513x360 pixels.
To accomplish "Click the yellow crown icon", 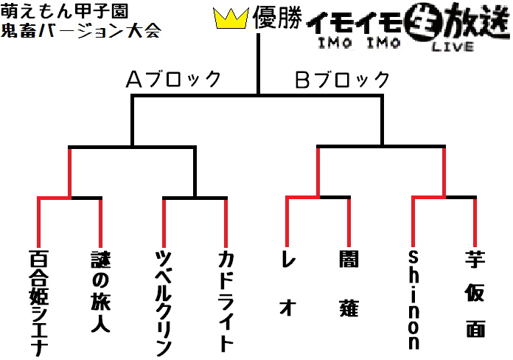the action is point(231,19).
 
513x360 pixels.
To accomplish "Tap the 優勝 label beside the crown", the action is point(278,18).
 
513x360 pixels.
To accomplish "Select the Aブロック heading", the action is point(173,79).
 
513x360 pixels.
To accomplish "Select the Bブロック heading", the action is point(342,79).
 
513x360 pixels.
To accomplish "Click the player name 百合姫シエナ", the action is point(38,303).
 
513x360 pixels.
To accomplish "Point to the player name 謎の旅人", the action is point(100,292).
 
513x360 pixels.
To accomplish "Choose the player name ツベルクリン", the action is point(163,303).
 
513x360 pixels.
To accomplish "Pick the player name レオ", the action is point(287,283).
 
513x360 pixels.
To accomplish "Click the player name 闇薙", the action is point(349,284).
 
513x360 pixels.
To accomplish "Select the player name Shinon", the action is point(413,300).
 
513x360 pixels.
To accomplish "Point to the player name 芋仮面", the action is point(475,294).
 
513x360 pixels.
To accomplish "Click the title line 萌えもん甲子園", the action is point(64,11).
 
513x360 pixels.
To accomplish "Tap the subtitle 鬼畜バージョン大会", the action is point(81,30).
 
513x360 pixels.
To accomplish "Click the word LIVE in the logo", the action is point(453,46).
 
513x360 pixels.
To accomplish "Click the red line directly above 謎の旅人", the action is point(100,223).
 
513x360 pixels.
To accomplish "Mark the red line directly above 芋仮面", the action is point(475,223).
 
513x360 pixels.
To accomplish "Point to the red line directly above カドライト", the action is point(226,223).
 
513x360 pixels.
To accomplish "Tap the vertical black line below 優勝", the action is point(258,64).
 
